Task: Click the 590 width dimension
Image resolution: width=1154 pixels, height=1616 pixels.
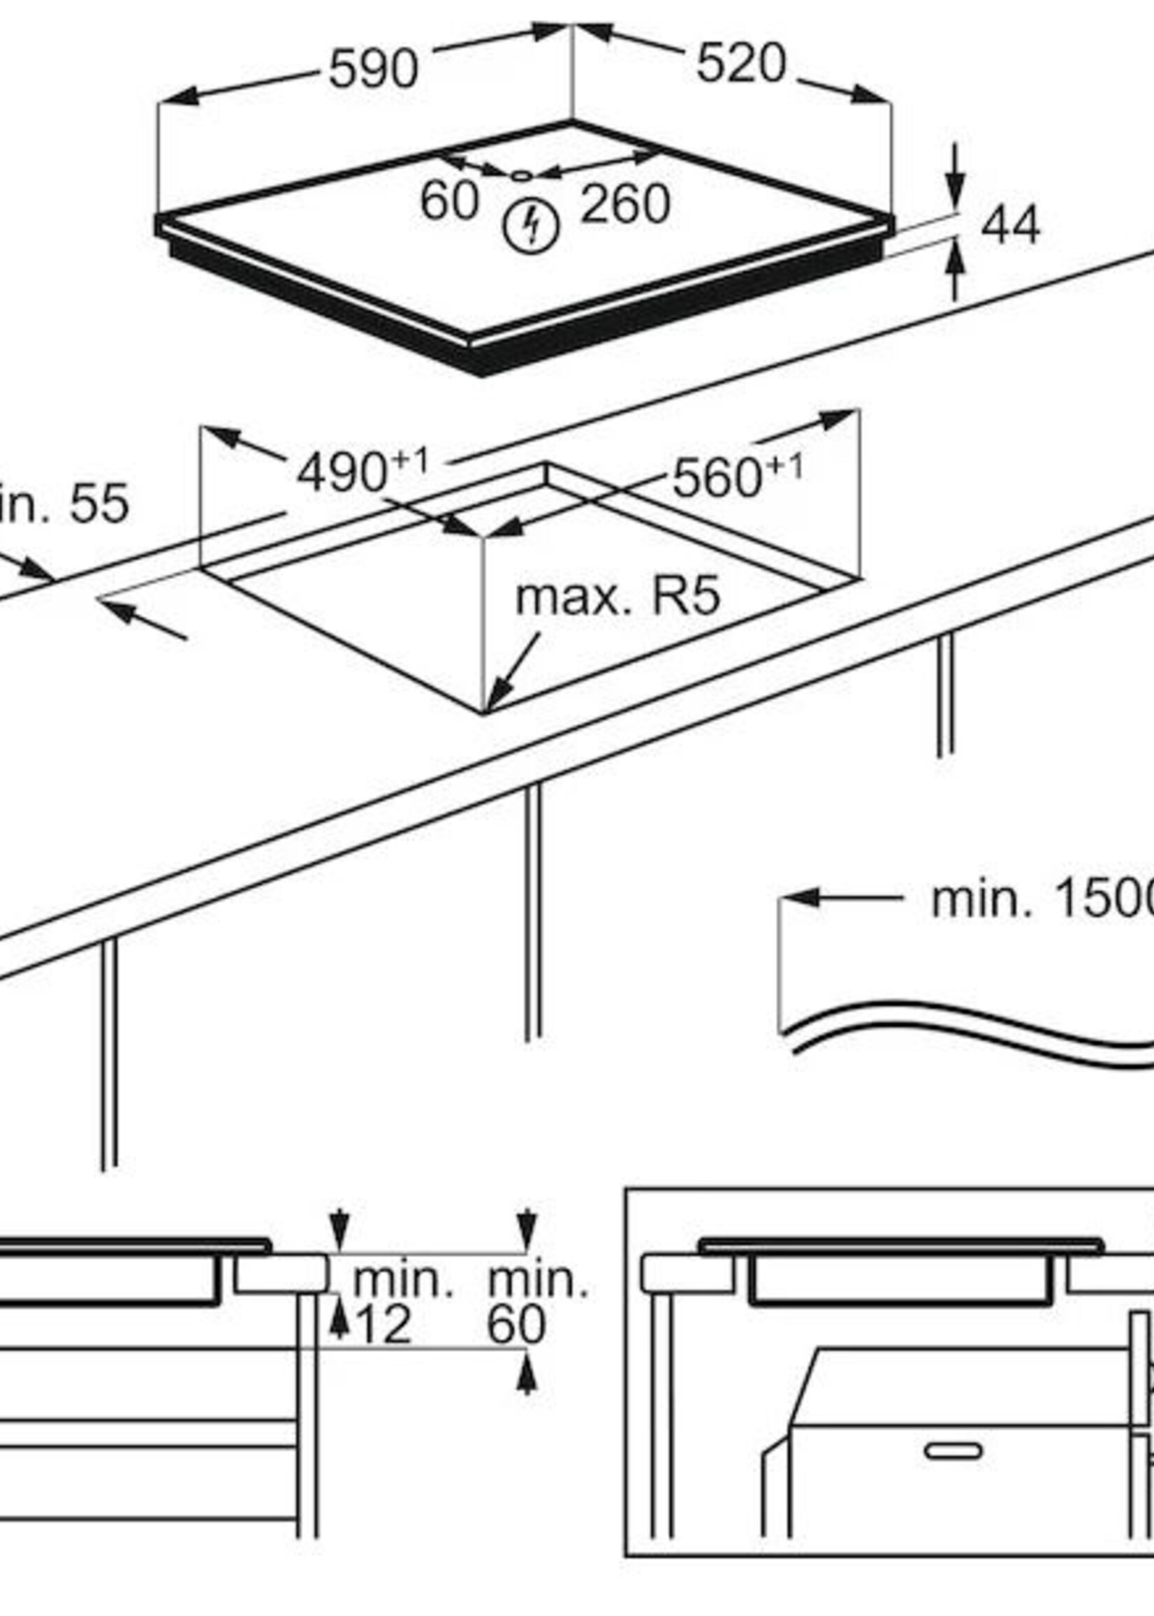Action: [x=374, y=70]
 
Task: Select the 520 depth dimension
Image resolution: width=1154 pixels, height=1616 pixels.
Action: [x=740, y=64]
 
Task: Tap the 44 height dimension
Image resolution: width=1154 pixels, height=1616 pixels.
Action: [x=1010, y=226]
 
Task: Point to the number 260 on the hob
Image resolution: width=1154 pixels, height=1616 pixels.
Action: [x=625, y=205]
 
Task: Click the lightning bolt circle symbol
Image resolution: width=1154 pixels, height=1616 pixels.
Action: [x=531, y=226]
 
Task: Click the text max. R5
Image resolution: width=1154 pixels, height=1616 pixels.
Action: [x=618, y=596]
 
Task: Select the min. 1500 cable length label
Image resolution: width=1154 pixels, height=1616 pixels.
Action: [x=1042, y=899]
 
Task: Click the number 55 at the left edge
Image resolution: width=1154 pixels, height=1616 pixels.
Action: [x=99, y=504]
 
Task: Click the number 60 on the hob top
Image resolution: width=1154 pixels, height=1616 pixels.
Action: [x=449, y=201]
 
